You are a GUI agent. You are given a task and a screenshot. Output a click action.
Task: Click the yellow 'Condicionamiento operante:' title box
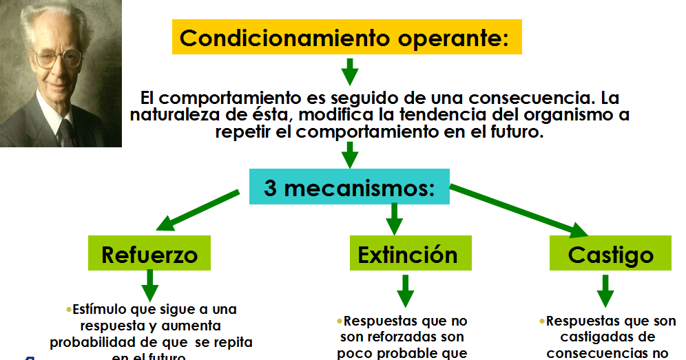[346, 37]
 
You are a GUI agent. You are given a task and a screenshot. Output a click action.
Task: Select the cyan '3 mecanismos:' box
[349, 187]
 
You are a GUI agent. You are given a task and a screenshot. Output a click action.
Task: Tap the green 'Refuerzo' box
[149, 253]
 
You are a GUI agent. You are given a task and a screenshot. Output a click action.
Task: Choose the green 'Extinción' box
[407, 253]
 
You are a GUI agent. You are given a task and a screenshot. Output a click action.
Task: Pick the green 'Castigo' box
[610, 254]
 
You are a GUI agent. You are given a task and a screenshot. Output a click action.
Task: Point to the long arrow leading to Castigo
[523, 210]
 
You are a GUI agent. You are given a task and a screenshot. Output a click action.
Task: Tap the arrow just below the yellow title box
[350, 71]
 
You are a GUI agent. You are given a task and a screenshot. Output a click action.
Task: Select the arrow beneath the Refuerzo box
[149, 284]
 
